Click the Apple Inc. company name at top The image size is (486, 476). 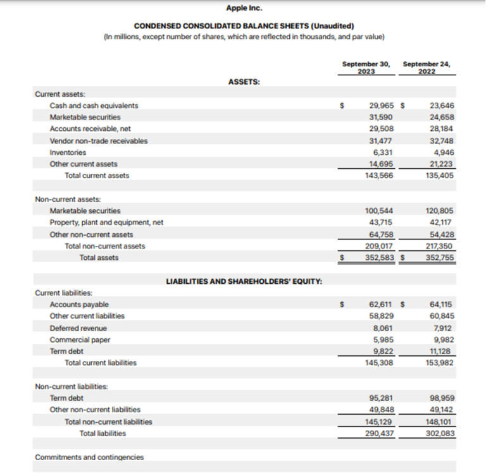coord(244,8)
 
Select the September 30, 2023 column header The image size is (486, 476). coord(366,68)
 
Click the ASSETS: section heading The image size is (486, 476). coord(244,82)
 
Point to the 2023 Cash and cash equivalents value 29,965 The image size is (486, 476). coord(380,106)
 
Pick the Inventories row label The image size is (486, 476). coord(68,152)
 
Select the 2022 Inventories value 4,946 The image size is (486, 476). coord(442,152)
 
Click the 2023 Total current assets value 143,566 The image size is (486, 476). coord(379,176)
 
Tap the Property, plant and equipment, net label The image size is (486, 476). coord(106,223)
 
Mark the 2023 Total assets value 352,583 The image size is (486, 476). coord(379,258)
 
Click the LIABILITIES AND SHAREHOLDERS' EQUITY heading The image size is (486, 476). coord(244,281)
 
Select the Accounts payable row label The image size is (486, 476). coord(79,305)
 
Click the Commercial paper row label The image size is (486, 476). coord(80,339)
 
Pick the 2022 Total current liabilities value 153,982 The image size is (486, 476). coord(440,363)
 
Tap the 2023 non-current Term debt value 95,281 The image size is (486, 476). coord(380,398)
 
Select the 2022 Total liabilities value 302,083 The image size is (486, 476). coord(440,434)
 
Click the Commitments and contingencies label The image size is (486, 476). coord(89,457)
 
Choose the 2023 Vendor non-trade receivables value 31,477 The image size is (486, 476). coord(380,141)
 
